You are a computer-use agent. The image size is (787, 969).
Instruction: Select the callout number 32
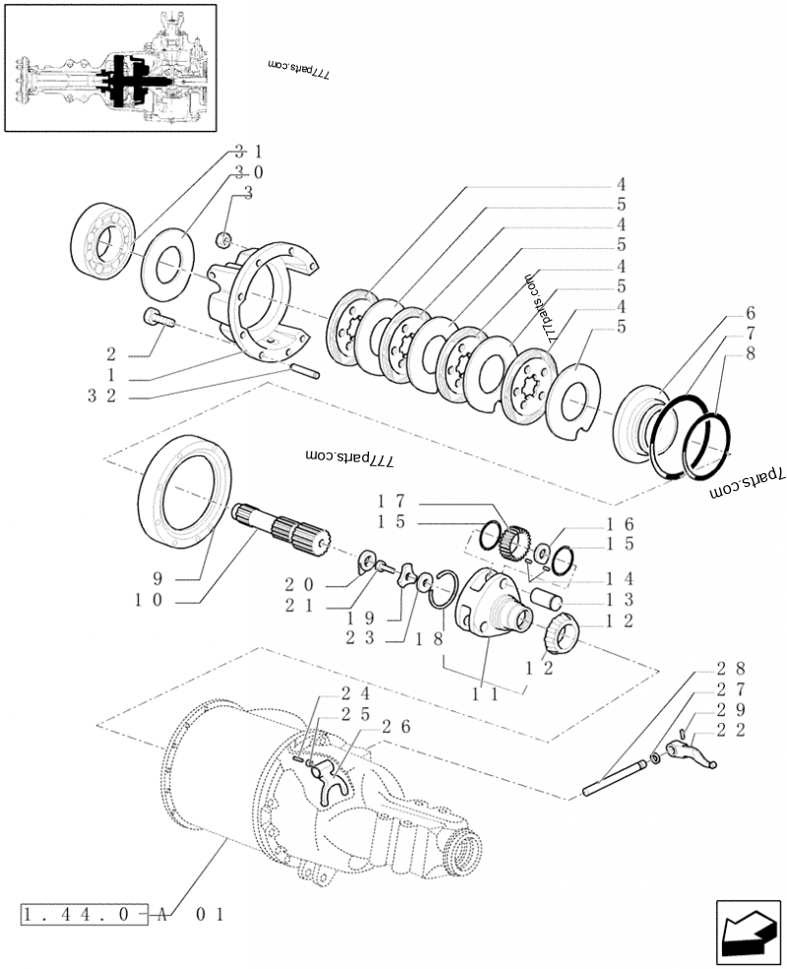coord(101,395)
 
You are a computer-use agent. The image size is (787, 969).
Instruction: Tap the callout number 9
coord(157,577)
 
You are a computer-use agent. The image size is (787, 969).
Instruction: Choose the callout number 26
coord(397,727)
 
